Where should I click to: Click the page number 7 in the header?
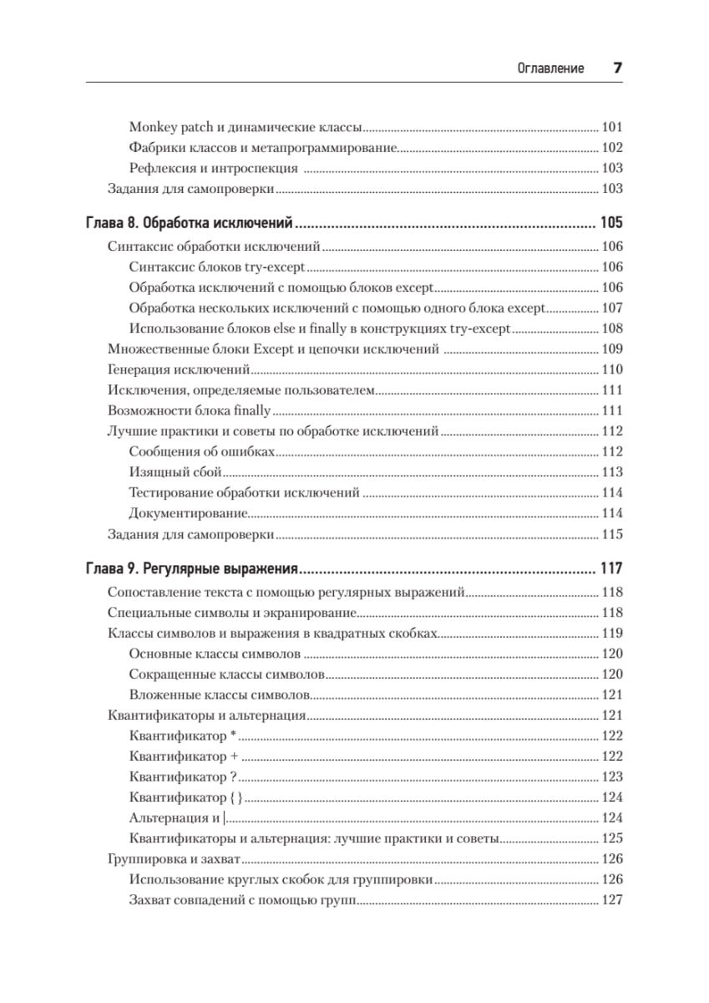tap(618, 69)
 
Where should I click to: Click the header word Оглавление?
tap(551, 69)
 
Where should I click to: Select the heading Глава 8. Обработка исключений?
tap(189, 224)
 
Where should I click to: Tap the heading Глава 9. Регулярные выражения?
tap(193, 570)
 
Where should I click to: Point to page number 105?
tap(611, 224)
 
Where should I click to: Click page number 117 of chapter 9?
tap(611, 570)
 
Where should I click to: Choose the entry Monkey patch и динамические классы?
tap(246, 128)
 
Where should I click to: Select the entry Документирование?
tap(189, 513)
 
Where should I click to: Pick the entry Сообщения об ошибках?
tap(202, 451)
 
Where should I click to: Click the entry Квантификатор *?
tap(184, 736)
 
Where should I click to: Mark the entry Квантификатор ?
tap(184, 776)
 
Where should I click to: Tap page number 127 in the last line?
tap(612, 899)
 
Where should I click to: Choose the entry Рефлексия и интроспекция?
tap(214, 168)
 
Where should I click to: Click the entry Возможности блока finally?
tap(190, 410)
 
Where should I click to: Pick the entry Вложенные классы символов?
tap(220, 695)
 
